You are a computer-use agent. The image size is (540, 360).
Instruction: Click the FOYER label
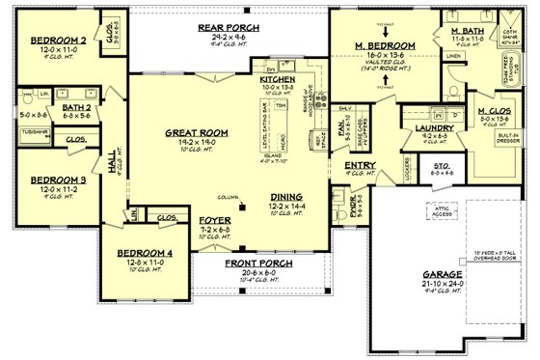(x=215, y=220)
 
